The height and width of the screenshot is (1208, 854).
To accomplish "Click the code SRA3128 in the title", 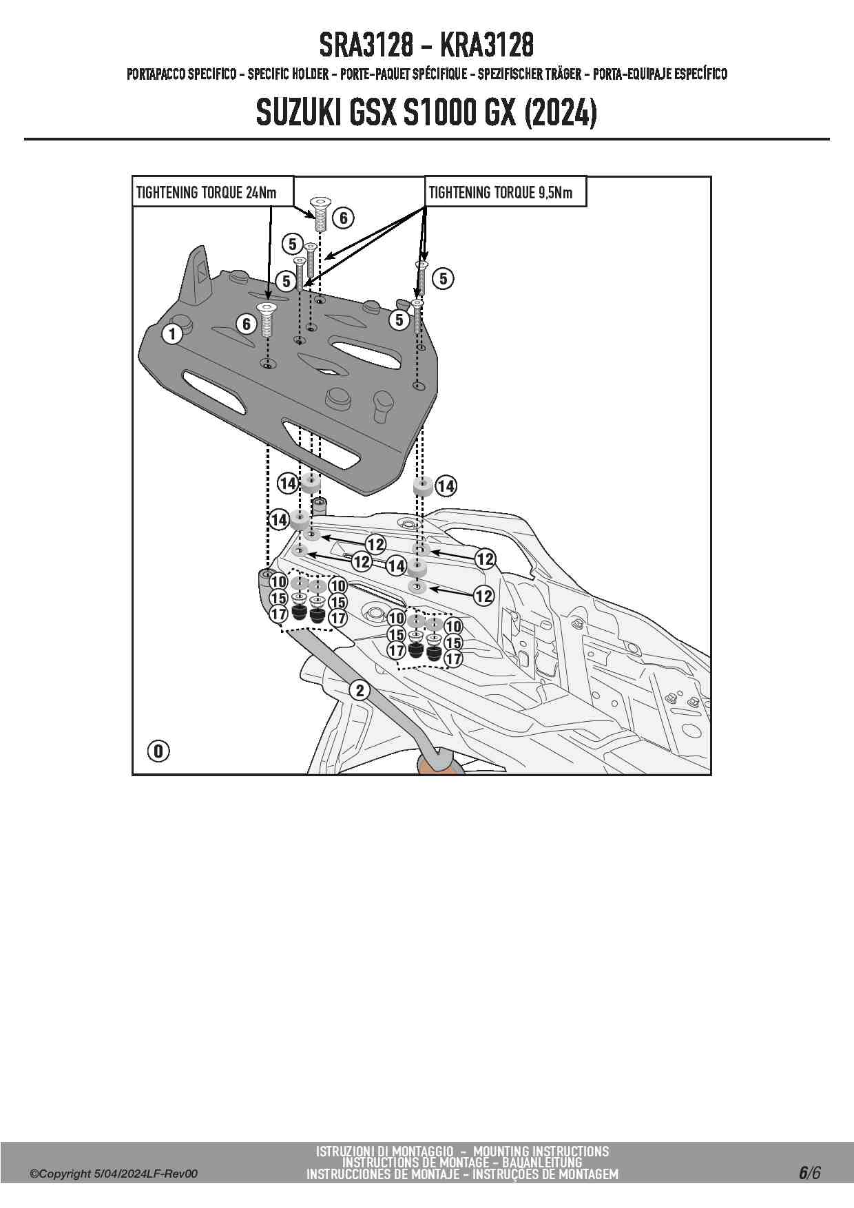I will point(366,45).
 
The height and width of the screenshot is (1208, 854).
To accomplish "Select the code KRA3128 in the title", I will point(486,45).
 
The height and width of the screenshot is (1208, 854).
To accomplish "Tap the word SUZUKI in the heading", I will point(298,113).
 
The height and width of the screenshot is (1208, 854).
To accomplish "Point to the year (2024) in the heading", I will point(560,113).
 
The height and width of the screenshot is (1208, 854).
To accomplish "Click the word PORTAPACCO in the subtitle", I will point(156,74).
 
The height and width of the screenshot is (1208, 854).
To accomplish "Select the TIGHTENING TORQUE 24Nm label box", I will point(213,192).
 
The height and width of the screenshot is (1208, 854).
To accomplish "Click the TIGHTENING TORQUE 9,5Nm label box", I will point(506,192).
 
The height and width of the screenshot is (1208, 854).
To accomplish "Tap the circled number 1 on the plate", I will point(172,335).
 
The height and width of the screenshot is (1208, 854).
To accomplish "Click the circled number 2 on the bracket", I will point(360,690).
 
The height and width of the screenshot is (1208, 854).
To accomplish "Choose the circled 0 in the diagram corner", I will point(158,751).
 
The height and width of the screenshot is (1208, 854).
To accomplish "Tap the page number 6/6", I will point(810,1173).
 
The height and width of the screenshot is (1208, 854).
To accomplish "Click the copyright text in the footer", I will point(114,1174).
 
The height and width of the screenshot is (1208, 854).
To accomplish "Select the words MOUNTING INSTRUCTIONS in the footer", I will point(541,1152).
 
